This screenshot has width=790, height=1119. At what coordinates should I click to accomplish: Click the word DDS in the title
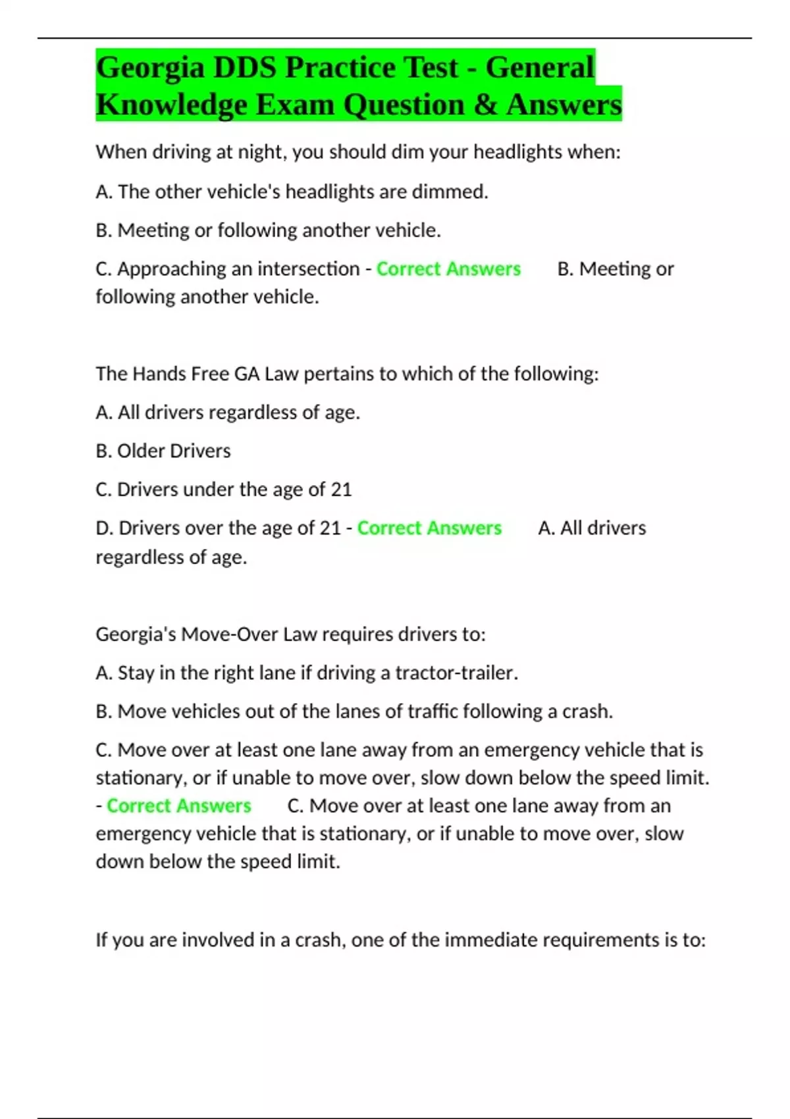click(244, 68)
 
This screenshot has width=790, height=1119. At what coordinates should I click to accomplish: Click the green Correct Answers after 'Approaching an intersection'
click(448, 269)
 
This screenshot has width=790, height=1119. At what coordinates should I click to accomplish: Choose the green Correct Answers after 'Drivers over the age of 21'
click(429, 528)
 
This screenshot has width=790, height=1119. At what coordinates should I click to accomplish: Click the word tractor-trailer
click(456, 673)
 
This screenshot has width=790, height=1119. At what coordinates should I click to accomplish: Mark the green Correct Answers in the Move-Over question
click(179, 806)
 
